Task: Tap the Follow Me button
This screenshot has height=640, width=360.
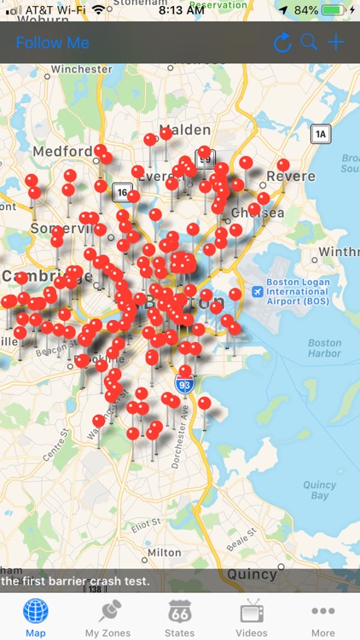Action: pos(52,43)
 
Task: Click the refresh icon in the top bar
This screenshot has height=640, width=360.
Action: pos(282,43)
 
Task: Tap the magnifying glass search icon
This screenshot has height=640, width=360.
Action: pos(309,43)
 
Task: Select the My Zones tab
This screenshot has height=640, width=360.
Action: pos(107,618)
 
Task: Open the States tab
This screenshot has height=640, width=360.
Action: pos(179,618)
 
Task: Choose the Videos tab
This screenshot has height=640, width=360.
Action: pos(252,618)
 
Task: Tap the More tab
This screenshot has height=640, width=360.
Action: pos(323,618)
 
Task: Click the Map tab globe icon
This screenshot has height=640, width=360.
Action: pos(36,611)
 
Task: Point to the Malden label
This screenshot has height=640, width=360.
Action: pos(184,129)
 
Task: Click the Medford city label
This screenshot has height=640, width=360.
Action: pos(62,153)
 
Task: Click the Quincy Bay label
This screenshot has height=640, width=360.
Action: pos(319,489)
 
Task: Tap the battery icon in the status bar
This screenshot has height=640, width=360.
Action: pos(334,9)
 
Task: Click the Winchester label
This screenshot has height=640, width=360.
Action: pos(81,68)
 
